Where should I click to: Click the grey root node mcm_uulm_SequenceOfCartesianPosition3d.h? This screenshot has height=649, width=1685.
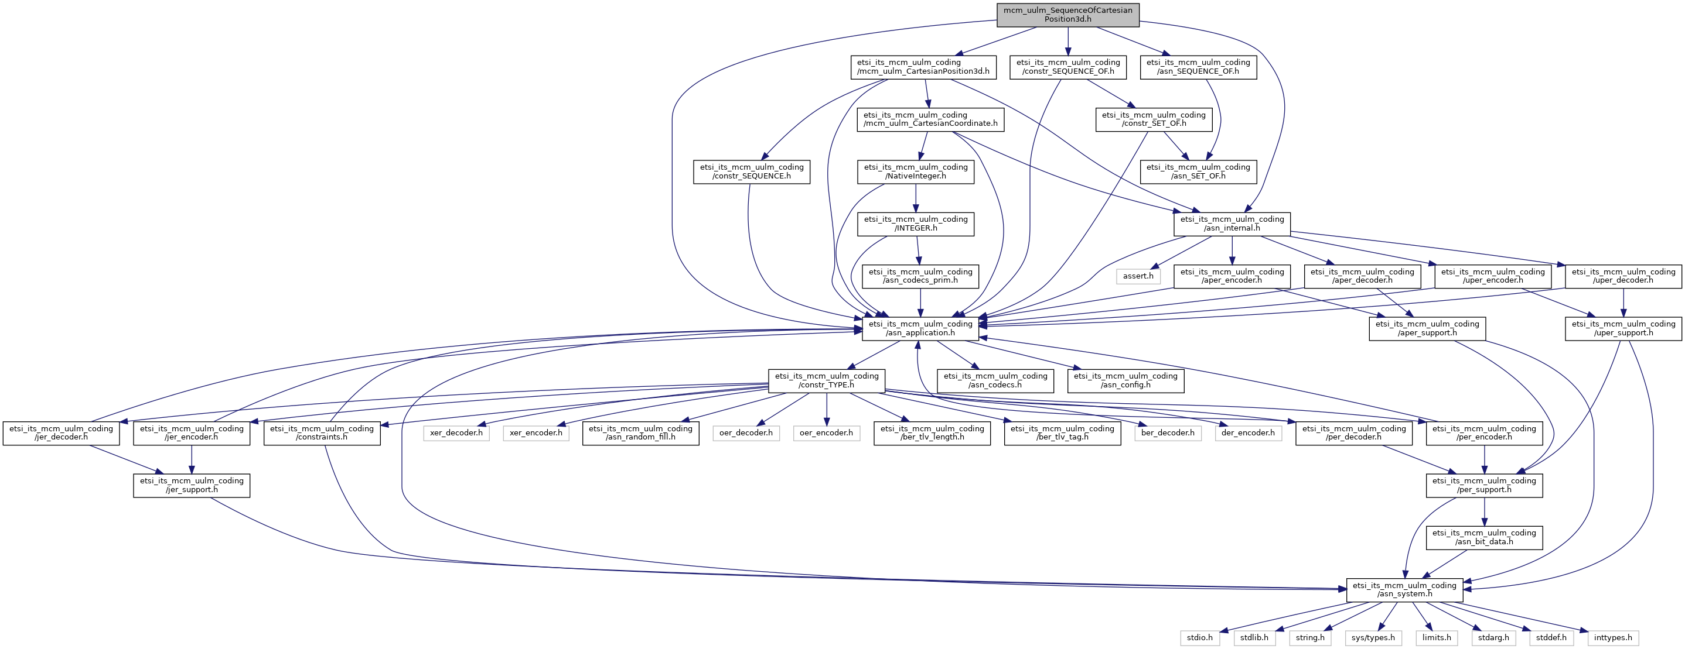[x=1067, y=15]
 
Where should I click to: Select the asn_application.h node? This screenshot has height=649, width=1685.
[x=920, y=328]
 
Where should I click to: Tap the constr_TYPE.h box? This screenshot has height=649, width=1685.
[x=827, y=380]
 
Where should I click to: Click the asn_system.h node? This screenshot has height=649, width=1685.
[x=1404, y=589]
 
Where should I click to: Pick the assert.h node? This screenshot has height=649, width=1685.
[x=1138, y=276]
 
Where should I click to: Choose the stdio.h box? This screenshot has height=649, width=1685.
[x=1200, y=637]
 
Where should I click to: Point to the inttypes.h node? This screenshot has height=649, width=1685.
[x=1613, y=637]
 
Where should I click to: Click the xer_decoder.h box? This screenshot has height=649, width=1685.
[x=456, y=432]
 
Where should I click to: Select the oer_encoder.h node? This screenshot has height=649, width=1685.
[x=826, y=432]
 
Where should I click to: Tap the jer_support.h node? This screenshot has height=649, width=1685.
[x=192, y=485]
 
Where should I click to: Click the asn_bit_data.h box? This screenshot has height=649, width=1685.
[x=1484, y=537]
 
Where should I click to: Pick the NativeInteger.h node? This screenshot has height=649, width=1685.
[x=916, y=171]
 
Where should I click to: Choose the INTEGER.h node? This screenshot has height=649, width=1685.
[x=916, y=224]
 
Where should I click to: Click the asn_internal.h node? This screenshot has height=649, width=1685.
[x=1232, y=224]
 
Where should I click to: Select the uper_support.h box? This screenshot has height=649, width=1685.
[x=1623, y=328]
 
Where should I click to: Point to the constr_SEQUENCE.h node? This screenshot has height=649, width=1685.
[x=752, y=171]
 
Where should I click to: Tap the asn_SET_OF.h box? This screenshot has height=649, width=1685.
[x=1198, y=171]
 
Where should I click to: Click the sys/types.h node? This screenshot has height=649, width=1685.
[x=1373, y=637]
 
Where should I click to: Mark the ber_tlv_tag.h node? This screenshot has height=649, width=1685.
[x=1062, y=432]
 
